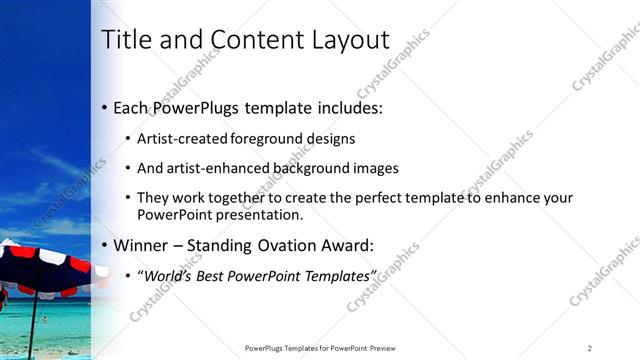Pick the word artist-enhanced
click(224, 168)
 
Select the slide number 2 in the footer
click(590, 347)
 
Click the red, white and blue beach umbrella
click(45, 268)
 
